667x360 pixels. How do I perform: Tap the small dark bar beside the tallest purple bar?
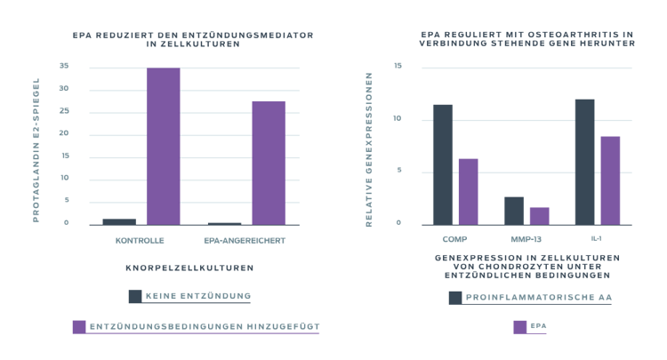coord(119,220)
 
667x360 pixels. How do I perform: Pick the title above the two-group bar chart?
coord(194,38)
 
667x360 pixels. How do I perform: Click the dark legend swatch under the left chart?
coord(135,296)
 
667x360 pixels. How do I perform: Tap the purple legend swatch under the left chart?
coord(79,326)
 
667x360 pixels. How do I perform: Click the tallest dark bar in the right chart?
coord(584,160)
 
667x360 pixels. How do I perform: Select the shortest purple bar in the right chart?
coord(540,215)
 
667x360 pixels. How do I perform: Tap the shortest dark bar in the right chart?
coord(514,210)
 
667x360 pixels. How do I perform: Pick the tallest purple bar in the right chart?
coord(610,179)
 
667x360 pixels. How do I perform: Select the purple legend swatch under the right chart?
coord(520,326)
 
